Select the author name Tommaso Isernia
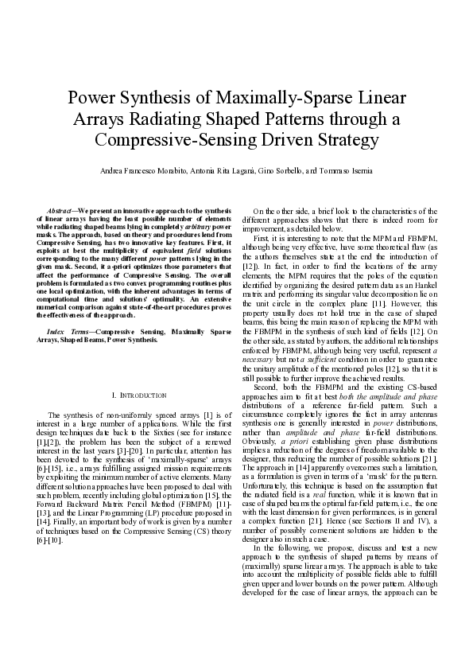point(343,171)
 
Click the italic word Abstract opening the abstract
point(63,208)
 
